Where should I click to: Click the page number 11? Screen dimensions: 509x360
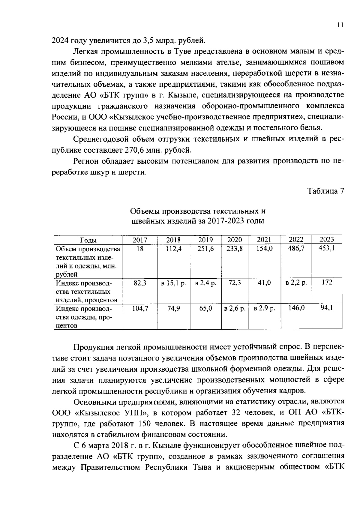[340, 25]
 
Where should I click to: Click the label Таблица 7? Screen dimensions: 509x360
[325, 191]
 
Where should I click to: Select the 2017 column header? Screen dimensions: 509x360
[140, 240]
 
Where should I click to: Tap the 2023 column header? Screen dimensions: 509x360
[326, 239]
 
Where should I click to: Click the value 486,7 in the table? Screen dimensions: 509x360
[296, 248]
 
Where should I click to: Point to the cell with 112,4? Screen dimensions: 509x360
[174, 249]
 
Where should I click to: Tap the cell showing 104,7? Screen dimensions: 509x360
[140, 308]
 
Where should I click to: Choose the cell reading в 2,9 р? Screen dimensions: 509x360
[264, 308]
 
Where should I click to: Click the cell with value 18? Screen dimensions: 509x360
[140, 249]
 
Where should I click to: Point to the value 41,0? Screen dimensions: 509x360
[264, 283]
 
